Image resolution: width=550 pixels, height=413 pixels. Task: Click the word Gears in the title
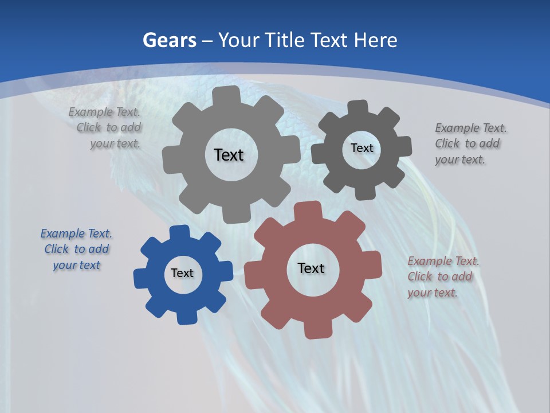coord(169,40)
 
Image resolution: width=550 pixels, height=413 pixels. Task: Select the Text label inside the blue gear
coord(182,274)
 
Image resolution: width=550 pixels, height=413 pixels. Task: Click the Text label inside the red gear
coord(311,268)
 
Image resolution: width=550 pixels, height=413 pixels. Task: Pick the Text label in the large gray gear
coord(229,155)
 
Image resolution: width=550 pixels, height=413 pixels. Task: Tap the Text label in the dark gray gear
coord(362,148)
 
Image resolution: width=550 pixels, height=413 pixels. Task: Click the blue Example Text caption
coord(76,250)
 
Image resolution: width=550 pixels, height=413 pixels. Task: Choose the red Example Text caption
coord(443,277)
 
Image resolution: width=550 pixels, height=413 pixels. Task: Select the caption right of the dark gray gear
coord(470,144)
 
